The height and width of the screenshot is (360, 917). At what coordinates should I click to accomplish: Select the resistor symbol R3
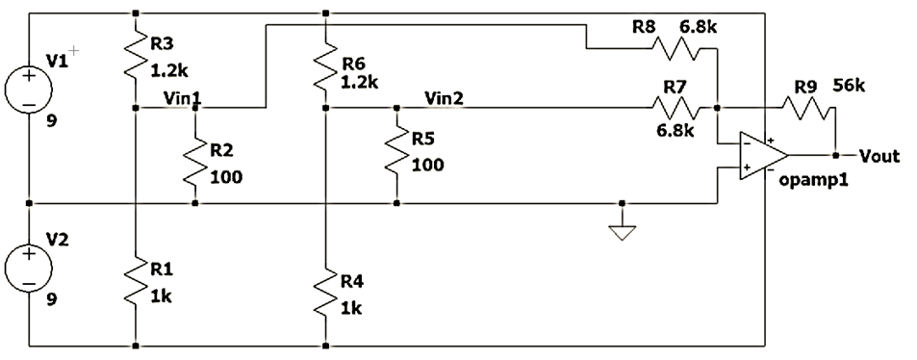tap(136, 60)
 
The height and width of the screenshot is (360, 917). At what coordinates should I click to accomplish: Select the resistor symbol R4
tap(326, 296)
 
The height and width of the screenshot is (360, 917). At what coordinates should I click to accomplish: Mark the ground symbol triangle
tap(623, 232)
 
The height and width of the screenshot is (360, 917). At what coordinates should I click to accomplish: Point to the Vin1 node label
tap(182, 98)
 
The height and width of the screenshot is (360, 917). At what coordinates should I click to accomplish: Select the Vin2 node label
tap(444, 98)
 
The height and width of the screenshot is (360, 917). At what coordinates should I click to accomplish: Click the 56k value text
tap(850, 87)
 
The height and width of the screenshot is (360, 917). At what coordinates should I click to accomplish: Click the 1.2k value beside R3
tap(170, 70)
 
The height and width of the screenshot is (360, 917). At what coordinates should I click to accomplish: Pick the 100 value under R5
tap(427, 165)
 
